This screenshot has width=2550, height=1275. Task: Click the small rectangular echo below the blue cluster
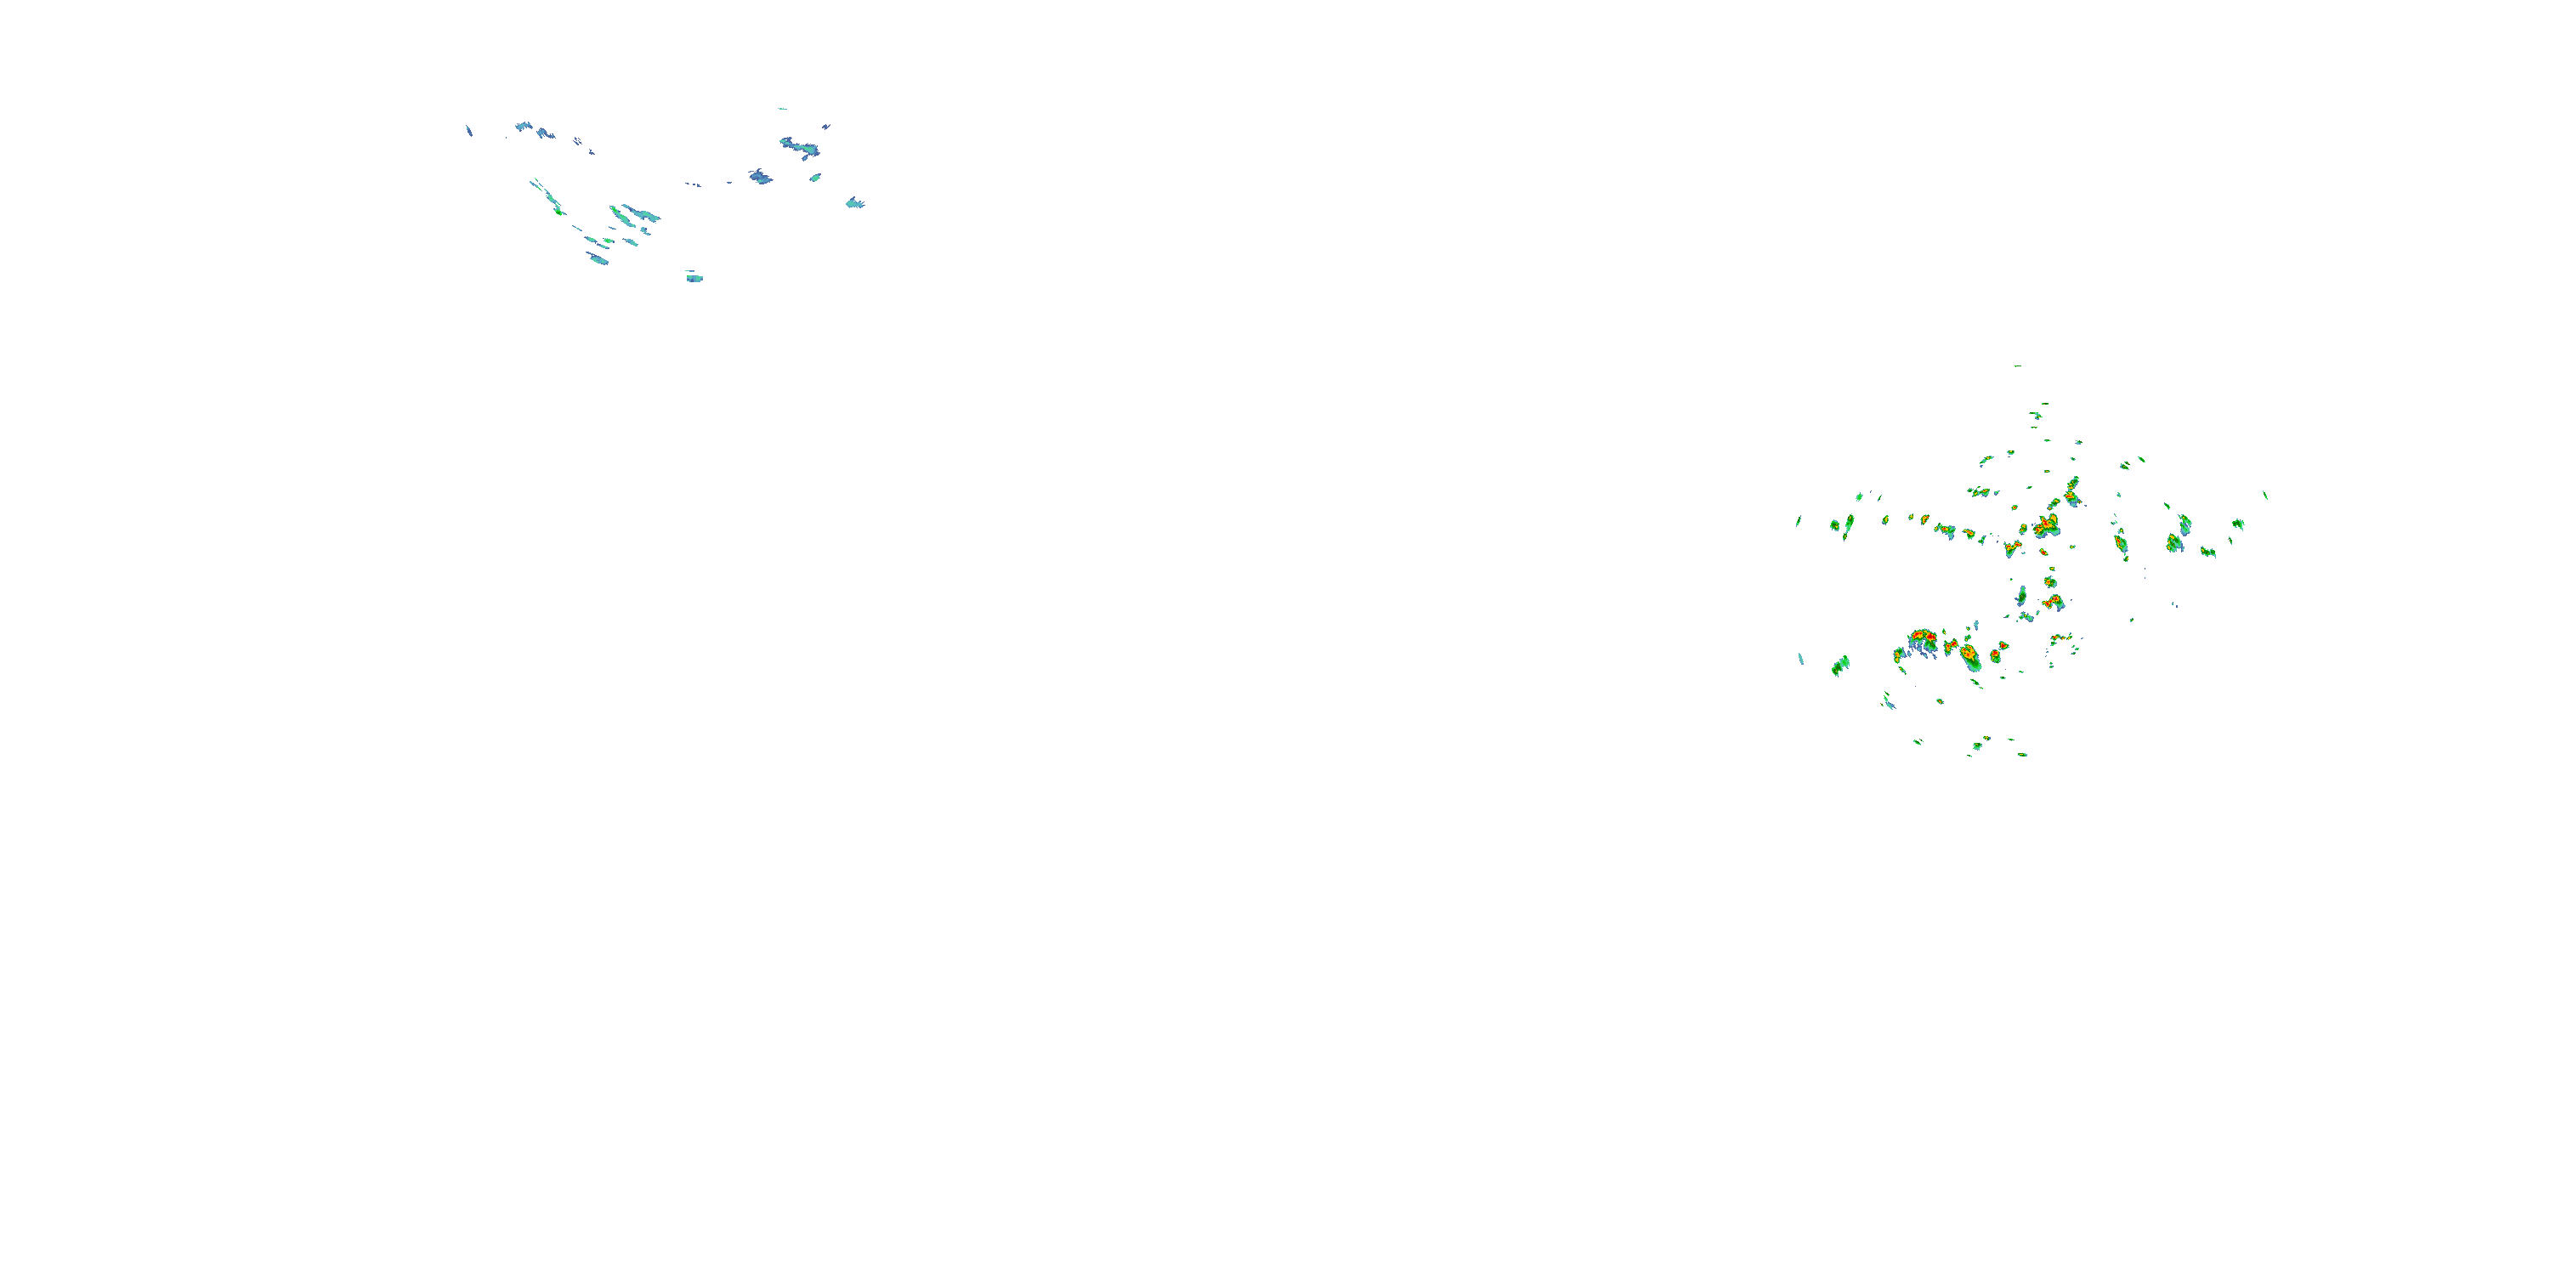(695, 278)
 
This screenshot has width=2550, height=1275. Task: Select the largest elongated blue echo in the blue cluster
(800, 148)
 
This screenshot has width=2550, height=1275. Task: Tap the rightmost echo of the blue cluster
(854, 203)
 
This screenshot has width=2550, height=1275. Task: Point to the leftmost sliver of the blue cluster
(469, 130)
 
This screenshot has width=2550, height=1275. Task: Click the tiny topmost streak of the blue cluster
(782, 109)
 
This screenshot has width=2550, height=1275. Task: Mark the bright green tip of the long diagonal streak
(558, 210)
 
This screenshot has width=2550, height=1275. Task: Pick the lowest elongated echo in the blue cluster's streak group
(597, 258)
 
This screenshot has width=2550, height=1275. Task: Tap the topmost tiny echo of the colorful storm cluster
(2017, 366)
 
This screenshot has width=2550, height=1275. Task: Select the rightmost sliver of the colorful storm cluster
(2265, 495)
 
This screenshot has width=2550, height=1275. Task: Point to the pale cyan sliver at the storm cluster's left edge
(1800, 658)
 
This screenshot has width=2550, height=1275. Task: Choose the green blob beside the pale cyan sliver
(1840, 666)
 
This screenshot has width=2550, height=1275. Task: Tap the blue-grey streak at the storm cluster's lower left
(1888, 702)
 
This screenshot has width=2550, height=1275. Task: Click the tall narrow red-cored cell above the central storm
(2072, 489)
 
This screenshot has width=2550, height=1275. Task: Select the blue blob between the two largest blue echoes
(760, 176)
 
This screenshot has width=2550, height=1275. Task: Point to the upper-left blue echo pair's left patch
(523, 127)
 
